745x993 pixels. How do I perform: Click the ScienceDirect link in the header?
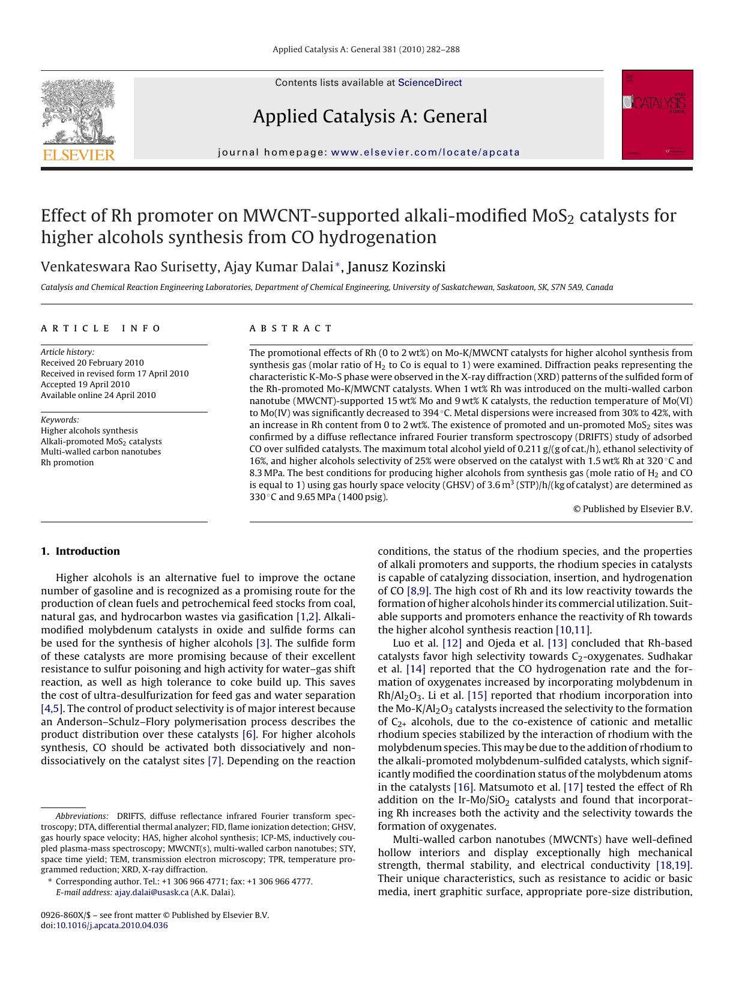click(430, 83)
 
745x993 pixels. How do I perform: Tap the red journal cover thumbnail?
click(657, 115)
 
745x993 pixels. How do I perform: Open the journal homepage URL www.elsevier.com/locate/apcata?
click(425, 152)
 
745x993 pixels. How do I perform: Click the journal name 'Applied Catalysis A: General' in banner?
click(370, 116)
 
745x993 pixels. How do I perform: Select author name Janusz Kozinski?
click(396, 267)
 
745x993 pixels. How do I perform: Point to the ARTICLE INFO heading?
click(101, 328)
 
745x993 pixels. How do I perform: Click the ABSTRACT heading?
click(291, 328)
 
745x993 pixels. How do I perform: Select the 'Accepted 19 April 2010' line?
click(85, 384)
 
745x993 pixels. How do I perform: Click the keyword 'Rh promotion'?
click(67, 462)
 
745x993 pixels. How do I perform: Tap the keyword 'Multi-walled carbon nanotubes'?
click(101, 451)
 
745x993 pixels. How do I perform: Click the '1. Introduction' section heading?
click(80, 551)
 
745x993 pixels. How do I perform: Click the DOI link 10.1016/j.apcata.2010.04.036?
click(112, 925)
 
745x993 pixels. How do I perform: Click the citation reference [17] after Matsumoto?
click(573, 787)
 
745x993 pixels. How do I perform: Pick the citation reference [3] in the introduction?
click(263, 643)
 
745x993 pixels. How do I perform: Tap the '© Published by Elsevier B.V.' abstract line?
click(633, 509)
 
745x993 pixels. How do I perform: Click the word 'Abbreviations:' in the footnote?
click(82, 816)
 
